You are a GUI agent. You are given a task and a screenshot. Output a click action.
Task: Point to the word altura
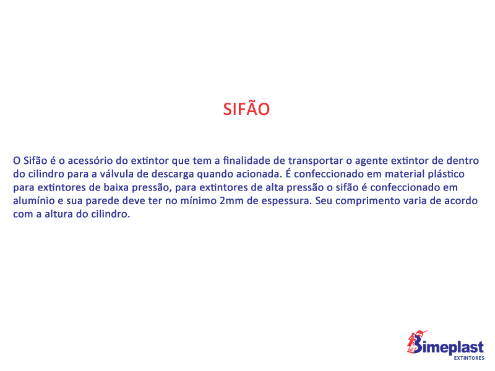point(58,214)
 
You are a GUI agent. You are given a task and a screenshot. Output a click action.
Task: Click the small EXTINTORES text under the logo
point(469,358)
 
